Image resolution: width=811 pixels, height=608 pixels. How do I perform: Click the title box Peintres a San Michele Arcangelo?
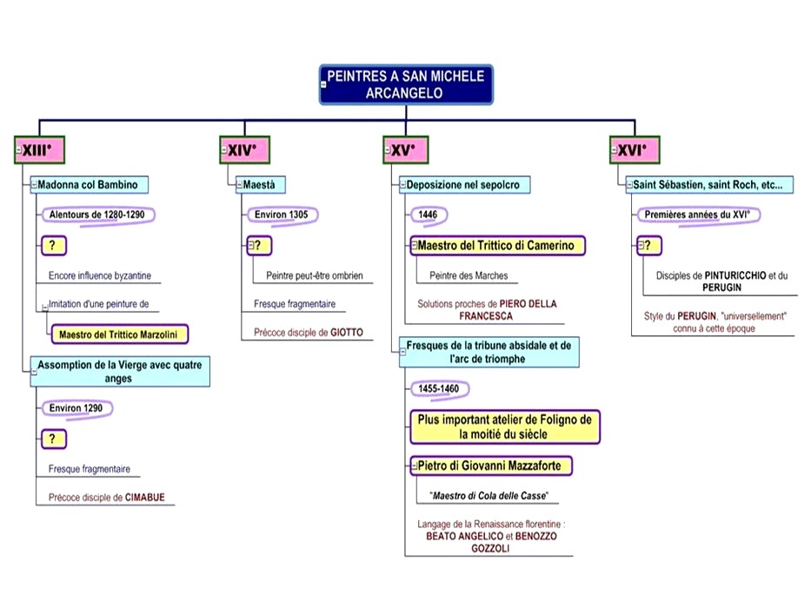pos(406,84)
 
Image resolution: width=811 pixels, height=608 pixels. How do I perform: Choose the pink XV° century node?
pos(402,150)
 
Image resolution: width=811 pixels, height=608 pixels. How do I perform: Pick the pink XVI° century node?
pos(634,150)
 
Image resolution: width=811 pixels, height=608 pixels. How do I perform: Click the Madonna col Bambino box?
pos(90,184)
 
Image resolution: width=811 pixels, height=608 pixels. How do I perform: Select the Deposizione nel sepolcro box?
pos(464,184)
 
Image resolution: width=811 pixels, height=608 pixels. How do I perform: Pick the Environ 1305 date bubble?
pos(282,214)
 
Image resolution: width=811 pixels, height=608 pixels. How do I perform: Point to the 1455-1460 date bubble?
pos(438,388)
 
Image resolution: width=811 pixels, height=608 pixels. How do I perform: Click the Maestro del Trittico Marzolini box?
pos(119,333)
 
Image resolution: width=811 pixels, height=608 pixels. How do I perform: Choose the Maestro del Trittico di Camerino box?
pos(497,246)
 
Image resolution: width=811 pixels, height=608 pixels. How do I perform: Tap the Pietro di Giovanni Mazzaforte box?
pos(492,466)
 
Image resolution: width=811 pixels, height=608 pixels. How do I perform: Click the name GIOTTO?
pos(346,332)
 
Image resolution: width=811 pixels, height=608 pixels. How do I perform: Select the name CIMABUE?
pos(144,498)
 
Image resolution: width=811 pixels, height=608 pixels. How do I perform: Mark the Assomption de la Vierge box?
pos(121,371)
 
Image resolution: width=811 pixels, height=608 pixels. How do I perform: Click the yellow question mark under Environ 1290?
pos(53,439)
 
